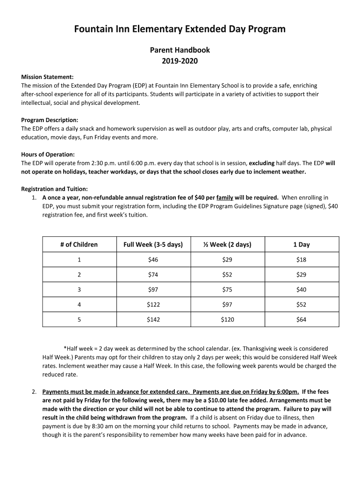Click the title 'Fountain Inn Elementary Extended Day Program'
point(180,29)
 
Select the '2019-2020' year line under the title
point(180,60)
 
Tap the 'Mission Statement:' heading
point(47,77)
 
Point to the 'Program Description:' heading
point(50,120)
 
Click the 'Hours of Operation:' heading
point(48,154)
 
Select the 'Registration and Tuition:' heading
point(54,189)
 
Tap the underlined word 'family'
point(224,197)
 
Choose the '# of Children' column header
point(79,244)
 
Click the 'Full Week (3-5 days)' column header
point(153,244)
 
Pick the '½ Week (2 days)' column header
point(227,244)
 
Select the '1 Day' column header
point(301,244)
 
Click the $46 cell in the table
point(153,260)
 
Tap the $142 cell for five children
point(153,319)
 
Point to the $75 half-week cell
point(227,290)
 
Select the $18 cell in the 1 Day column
point(301,260)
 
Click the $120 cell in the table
point(227,319)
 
